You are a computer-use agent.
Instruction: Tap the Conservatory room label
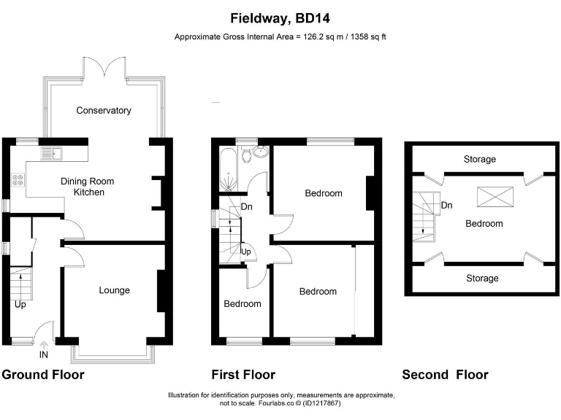(x=104, y=111)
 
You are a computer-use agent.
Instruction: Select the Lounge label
(x=114, y=290)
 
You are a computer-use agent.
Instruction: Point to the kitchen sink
(x=53, y=154)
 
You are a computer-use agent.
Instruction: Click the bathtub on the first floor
(x=227, y=168)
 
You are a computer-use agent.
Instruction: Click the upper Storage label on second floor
(x=479, y=159)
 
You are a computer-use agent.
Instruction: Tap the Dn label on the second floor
(x=446, y=206)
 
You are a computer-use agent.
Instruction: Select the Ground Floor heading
(x=43, y=375)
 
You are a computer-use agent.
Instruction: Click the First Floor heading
(x=243, y=375)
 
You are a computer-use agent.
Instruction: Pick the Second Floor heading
(x=445, y=375)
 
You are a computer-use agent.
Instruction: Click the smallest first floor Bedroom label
(x=242, y=303)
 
